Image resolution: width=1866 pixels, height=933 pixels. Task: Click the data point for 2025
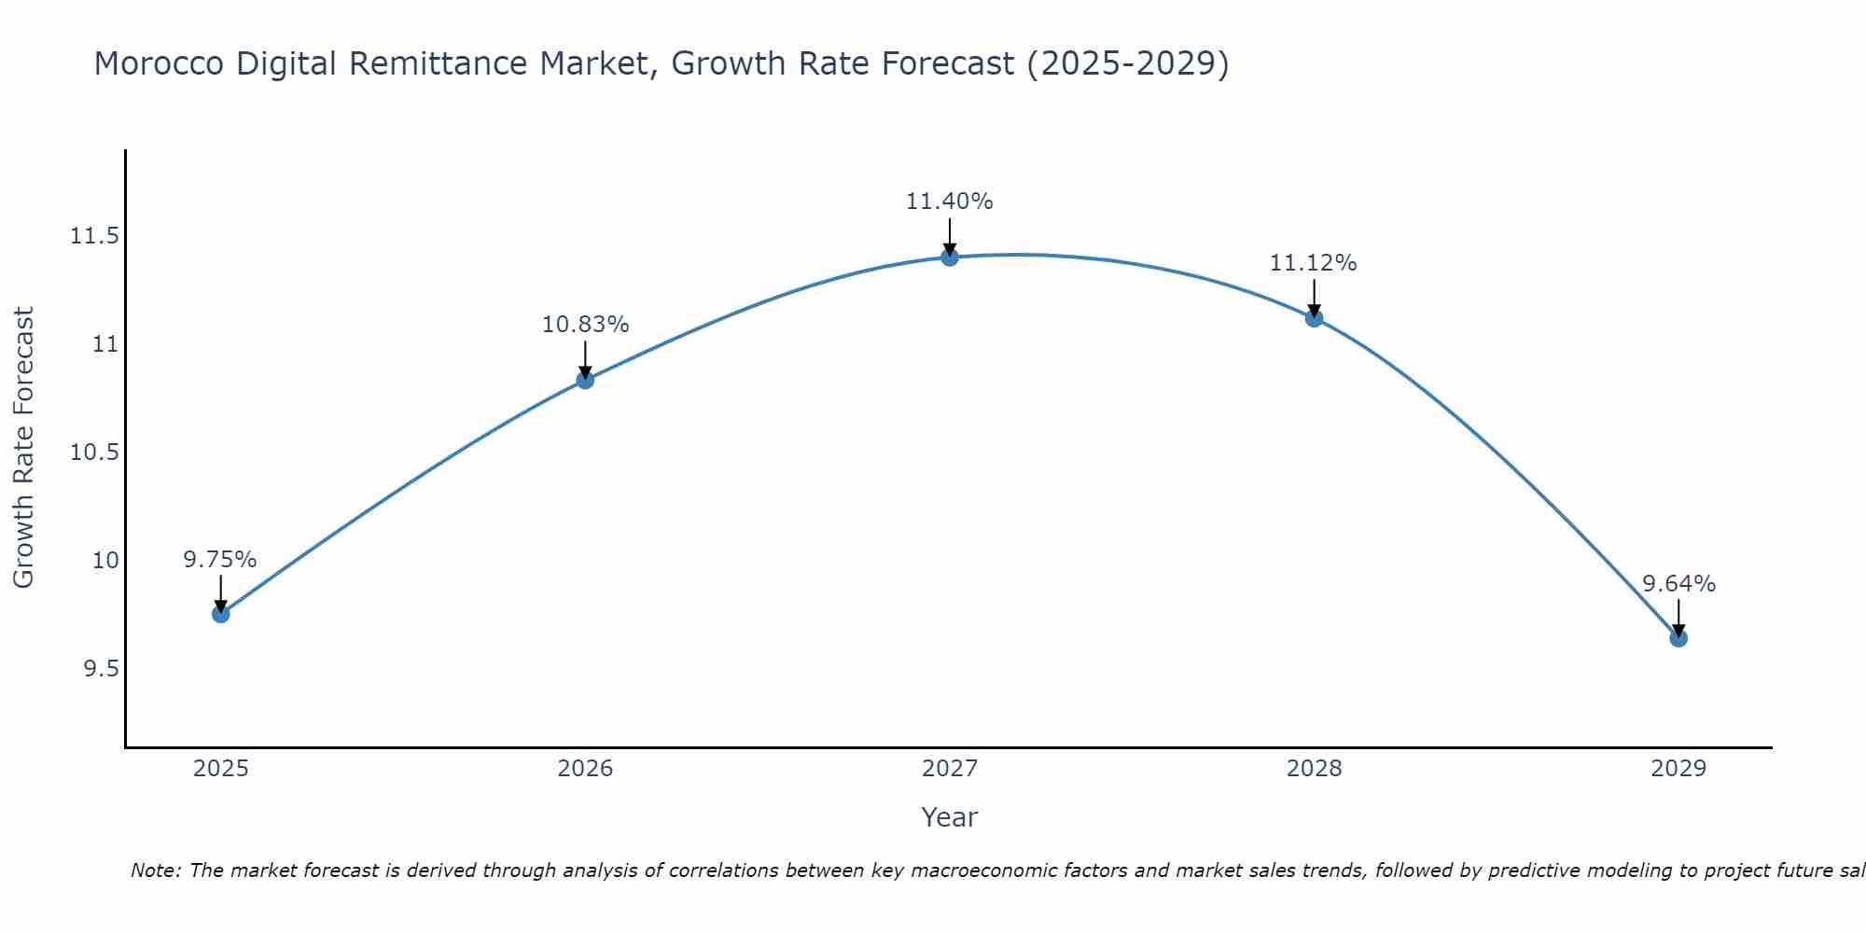pos(220,614)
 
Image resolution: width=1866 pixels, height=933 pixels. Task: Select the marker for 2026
pos(585,380)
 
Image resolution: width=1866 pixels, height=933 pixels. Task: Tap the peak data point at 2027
pos(950,257)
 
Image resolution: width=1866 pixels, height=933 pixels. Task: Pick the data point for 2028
pos(1314,318)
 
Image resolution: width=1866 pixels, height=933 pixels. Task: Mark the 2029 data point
pos(1678,638)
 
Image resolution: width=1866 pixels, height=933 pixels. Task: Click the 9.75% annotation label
pos(220,560)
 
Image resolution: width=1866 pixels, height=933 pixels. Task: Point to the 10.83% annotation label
pos(585,325)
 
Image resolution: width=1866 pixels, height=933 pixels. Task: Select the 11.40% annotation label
pos(950,202)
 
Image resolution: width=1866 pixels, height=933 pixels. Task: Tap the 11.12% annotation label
pos(1314,263)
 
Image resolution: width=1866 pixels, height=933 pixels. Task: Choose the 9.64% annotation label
pos(1678,584)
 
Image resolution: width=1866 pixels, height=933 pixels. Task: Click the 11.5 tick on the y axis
pos(95,236)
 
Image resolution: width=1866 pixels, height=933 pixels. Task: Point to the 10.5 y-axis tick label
pos(95,453)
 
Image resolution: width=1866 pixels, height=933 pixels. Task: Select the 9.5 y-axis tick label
pos(102,669)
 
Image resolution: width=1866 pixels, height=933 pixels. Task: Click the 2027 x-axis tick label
pos(950,769)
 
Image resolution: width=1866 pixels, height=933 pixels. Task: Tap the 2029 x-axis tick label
pos(1678,769)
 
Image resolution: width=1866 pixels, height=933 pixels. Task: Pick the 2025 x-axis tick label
pos(220,769)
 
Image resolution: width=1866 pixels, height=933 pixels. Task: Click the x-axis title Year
pos(950,817)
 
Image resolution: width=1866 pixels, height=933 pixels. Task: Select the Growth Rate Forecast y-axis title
pos(23,448)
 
